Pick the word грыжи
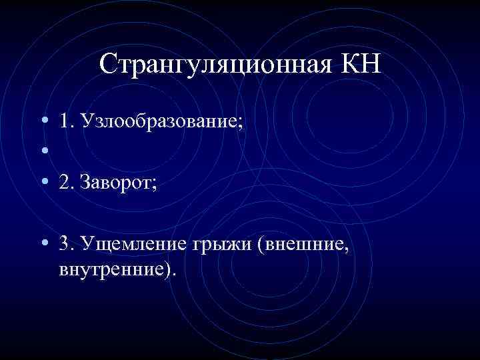click(x=221, y=244)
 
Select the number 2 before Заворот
click(x=64, y=183)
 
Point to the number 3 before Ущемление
click(x=64, y=244)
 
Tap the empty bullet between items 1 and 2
click(x=43, y=153)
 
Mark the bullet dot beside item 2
click(x=43, y=183)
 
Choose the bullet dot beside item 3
click(x=43, y=244)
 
